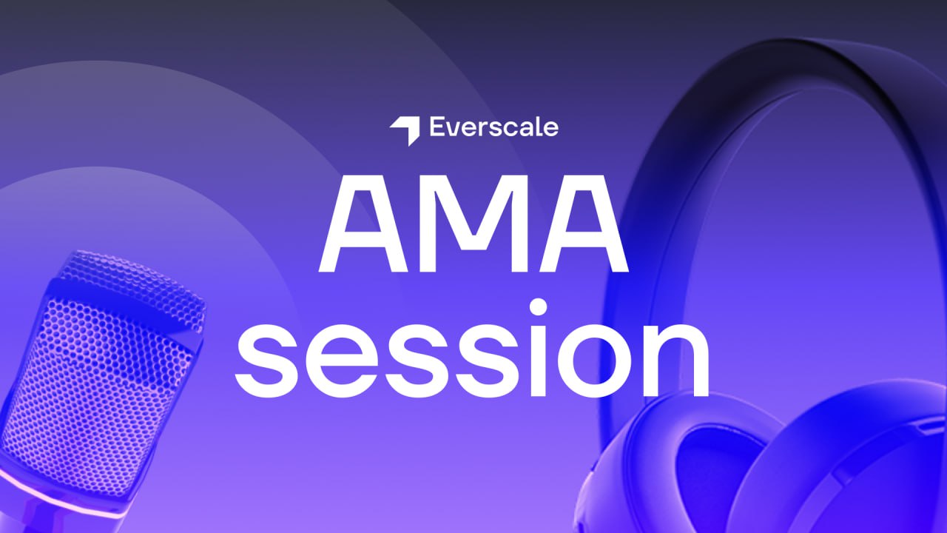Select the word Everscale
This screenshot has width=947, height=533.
tap(493, 127)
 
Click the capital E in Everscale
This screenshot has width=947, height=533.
tap(438, 127)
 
